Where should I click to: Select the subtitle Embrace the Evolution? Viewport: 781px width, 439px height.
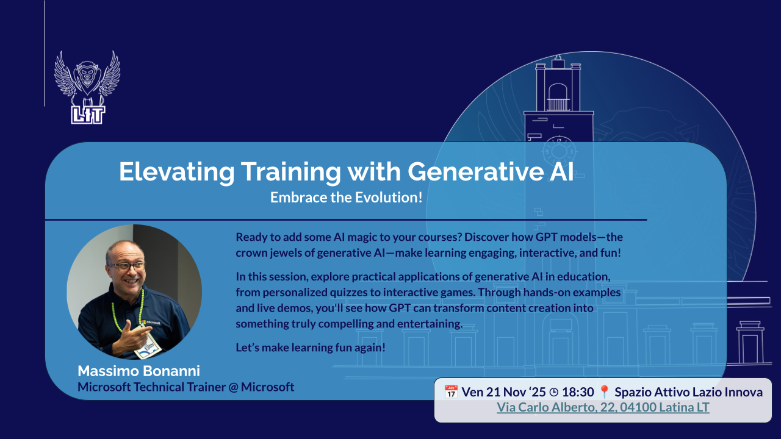[x=346, y=198]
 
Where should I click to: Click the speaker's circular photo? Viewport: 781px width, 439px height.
[x=134, y=292]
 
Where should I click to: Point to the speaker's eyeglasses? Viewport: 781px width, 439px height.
[x=127, y=266]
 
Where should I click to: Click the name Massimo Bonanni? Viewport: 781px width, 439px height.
[x=139, y=371]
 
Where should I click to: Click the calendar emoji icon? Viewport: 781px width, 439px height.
[x=451, y=392]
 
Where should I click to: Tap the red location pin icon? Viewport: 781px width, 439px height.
[x=604, y=392]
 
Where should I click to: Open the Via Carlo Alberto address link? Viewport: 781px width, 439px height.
[x=603, y=407]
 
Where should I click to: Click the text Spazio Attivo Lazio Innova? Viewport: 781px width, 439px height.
[x=688, y=392]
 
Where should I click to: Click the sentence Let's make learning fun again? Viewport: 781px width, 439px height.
[x=311, y=348]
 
